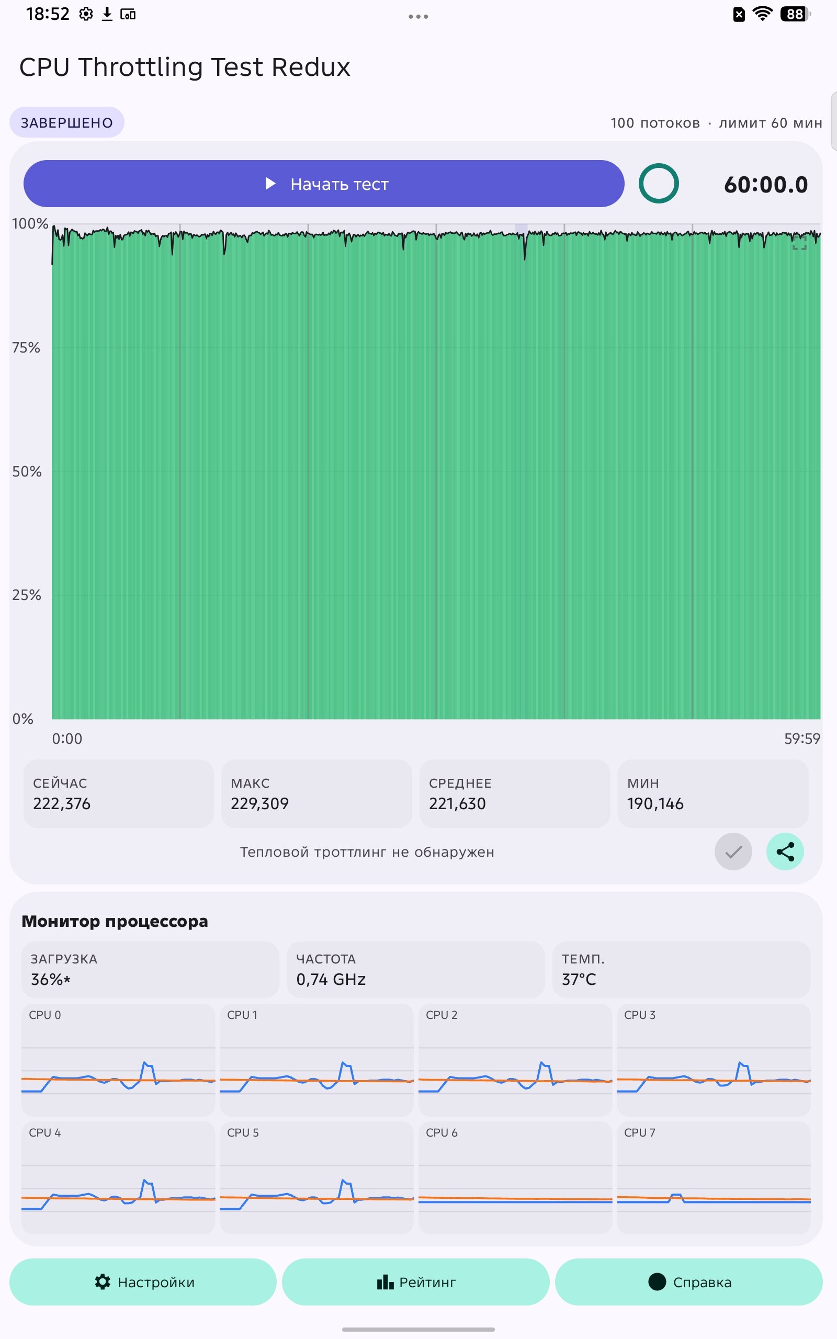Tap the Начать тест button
click(x=324, y=184)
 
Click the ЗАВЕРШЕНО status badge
click(x=67, y=122)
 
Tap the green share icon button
click(x=785, y=852)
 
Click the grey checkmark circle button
click(x=733, y=852)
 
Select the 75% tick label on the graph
click(x=26, y=347)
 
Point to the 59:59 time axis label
click(x=802, y=739)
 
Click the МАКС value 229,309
click(x=259, y=803)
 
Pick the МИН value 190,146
click(x=655, y=803)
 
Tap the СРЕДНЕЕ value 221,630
click(x=457, y=803)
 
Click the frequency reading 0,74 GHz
click(x=331, y=979)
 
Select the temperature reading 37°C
click(x=579, y=979)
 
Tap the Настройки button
click(x=143, y=1282)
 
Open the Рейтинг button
click(x=416, y=1282)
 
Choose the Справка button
click(x=688, y=1282)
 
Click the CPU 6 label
click(x=442, y=1132)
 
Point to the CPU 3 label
click(x=640, y=1015)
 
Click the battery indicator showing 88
click(x=795, y=14)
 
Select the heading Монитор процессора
click(x=115, y=921)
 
